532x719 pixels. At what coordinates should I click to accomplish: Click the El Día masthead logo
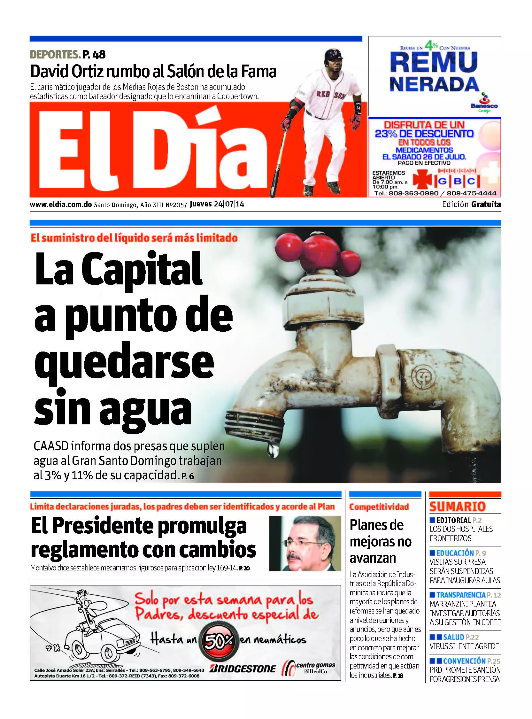(151, 151)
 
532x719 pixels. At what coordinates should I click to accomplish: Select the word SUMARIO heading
(457, 506)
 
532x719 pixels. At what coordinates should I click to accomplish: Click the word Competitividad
(379, 507)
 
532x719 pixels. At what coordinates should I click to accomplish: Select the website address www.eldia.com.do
(61, 205)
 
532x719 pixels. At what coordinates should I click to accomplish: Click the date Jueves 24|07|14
(217, 204)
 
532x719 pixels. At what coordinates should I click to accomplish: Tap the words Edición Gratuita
(471, 204)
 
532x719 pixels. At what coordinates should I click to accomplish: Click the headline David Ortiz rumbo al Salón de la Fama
(153, 72)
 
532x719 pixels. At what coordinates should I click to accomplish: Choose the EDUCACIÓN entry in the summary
(455, 553)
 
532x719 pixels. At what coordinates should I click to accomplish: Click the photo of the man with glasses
(305, 544)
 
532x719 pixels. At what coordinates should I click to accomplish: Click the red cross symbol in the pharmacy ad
(422, 181)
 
